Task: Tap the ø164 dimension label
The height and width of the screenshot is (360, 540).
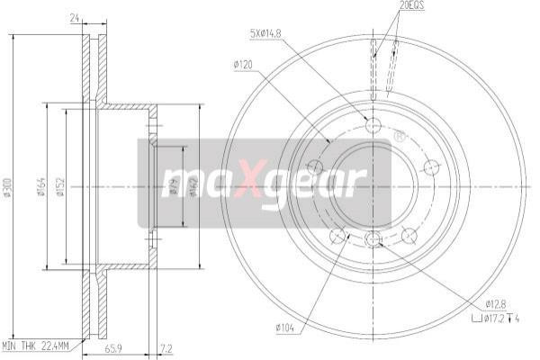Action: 41,186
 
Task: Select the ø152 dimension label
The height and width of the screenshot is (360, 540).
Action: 60,186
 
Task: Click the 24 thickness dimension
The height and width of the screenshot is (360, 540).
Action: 76,15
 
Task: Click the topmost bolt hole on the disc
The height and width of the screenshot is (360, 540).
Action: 373,125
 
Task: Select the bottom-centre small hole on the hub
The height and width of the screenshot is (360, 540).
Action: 373,238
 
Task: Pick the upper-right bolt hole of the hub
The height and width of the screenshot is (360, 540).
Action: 429,166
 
